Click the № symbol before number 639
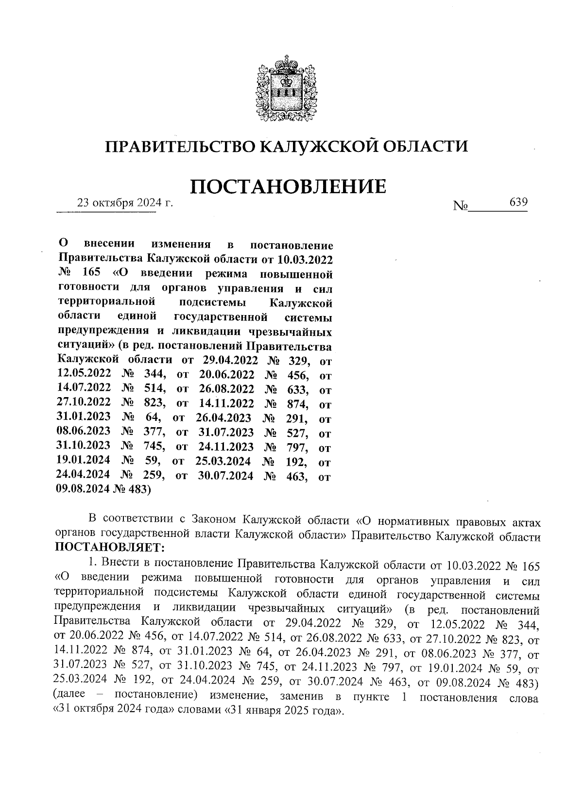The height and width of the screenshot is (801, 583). click(460, 206)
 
